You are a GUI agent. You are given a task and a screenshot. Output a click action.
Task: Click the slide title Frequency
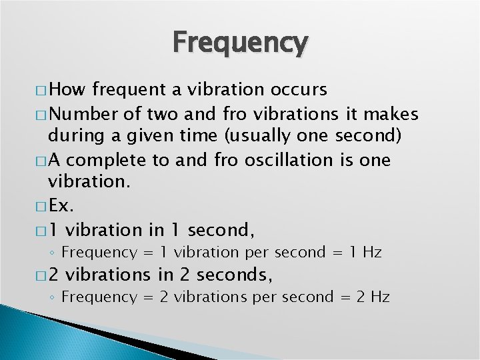pos(241,43)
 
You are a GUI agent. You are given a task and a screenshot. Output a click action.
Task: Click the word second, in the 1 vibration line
pos(221,231)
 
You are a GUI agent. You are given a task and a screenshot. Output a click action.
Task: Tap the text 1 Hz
pos(365,253)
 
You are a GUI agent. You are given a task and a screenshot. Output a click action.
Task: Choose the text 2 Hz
pos(373,297)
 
